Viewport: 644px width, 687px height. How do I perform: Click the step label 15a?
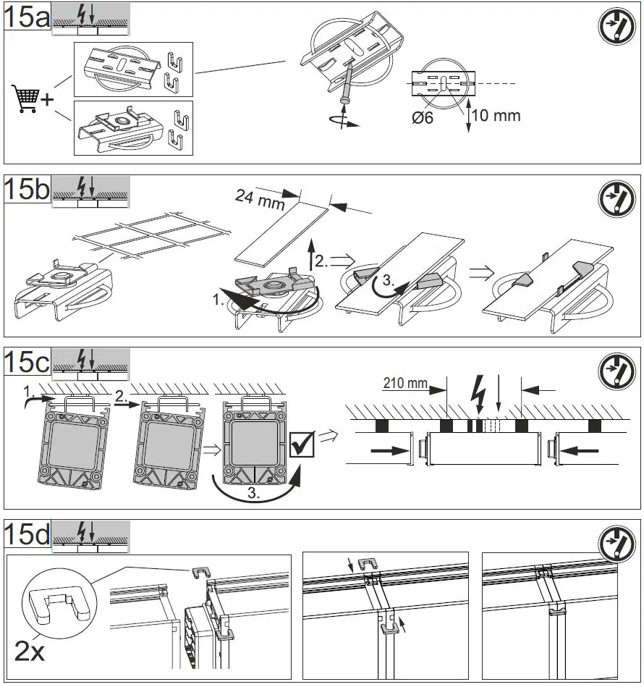pyautogui.click(x=27, y=17)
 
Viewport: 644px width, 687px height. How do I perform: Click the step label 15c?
pyautogui.click(x=27, y=361)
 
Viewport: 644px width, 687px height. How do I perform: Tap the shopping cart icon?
pyautogui.click(x=25, y=99)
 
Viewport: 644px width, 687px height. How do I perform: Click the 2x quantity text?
pyautogui.click(x=30, y=652)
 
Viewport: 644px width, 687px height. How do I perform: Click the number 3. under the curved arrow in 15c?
pyautogui.click(x=252, y=495)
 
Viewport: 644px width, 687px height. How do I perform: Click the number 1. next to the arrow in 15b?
pyautogui.click(x=218, y=296)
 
